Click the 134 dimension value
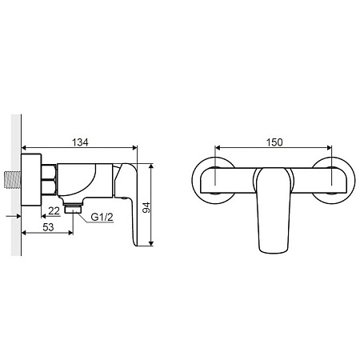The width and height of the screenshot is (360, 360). [x=80, y=142]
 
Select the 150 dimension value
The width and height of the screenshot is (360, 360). [x=274, y=142]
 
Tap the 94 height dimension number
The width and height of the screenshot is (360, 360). [x=146, y=208]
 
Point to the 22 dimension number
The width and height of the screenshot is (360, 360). [x=54, y=211]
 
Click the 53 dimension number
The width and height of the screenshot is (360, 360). [x=48, y=227]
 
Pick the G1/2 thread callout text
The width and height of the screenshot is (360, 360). [x=102, y=217]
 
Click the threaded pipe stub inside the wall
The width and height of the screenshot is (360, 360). [x=13, y=181]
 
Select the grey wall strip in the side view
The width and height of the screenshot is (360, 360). [x=16, y=185]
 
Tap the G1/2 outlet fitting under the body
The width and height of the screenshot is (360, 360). [x=73, y=208]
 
